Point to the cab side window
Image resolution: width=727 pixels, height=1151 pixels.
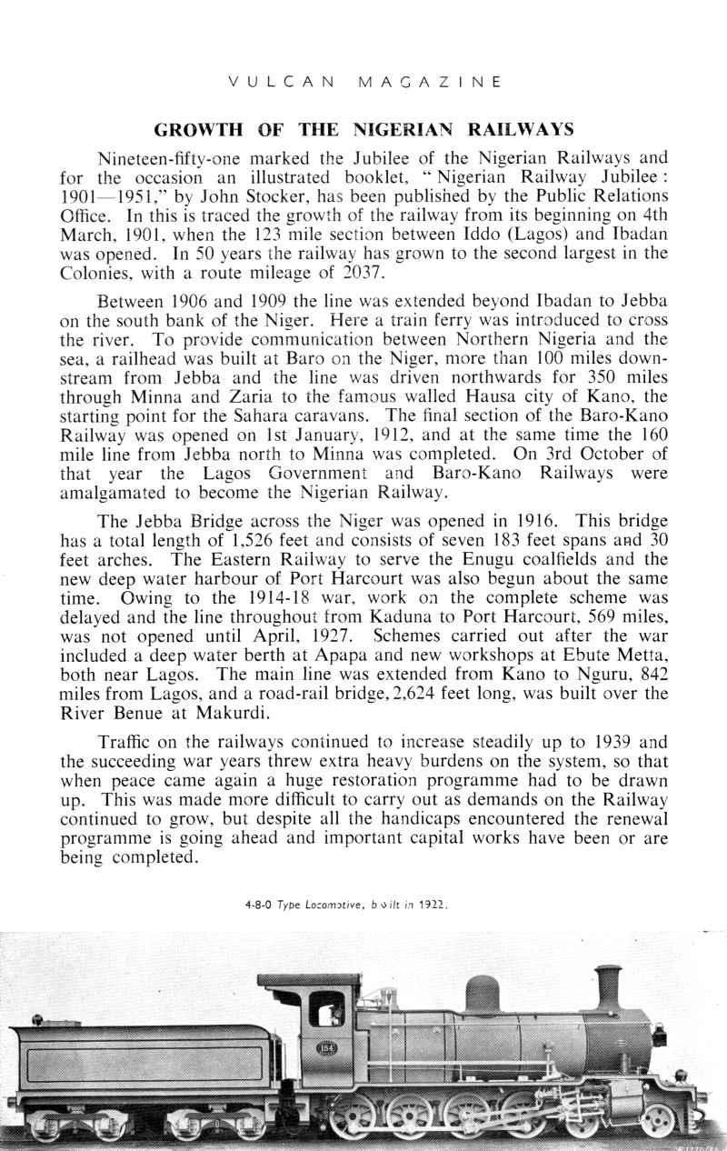click(326, 1009)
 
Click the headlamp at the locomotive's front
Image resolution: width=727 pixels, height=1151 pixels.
click(659, 1037)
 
